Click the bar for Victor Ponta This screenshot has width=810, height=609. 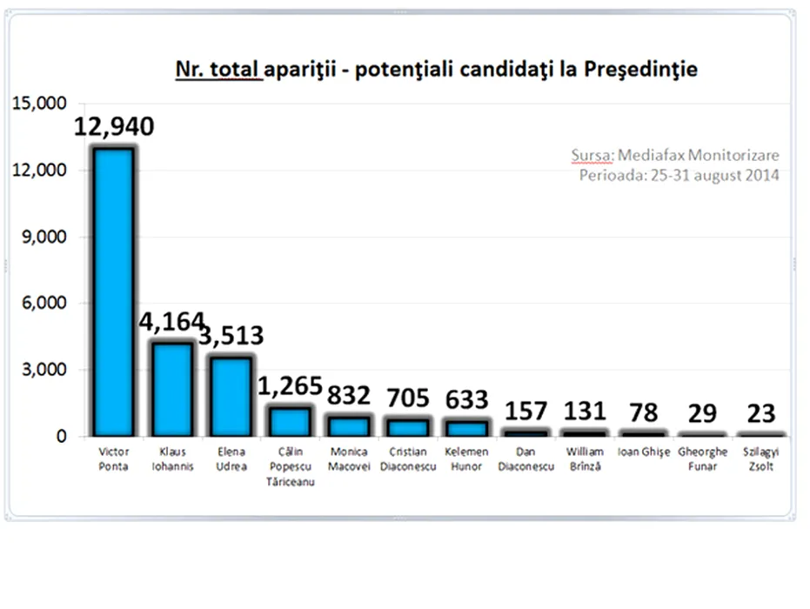tap(113, 291)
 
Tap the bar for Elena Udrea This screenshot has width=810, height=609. tap(231, 396)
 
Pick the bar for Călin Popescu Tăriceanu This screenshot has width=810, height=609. tap(290, 421)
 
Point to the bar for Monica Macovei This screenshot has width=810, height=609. tap(348, 425)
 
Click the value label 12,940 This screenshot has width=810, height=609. tap(114, 127)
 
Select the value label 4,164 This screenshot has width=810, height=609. tap(171, 321)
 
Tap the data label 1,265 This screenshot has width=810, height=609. tap(290, 385)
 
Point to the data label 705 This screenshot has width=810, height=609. tap(407, 398)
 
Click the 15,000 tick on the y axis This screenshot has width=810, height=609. tap(39, 104)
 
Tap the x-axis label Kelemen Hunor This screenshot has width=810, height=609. tap(466, 459)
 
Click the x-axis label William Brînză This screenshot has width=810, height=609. tap(584, 459)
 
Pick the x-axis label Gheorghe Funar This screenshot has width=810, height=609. tap(701, 459)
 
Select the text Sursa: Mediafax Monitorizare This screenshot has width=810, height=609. tap(675, 156)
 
